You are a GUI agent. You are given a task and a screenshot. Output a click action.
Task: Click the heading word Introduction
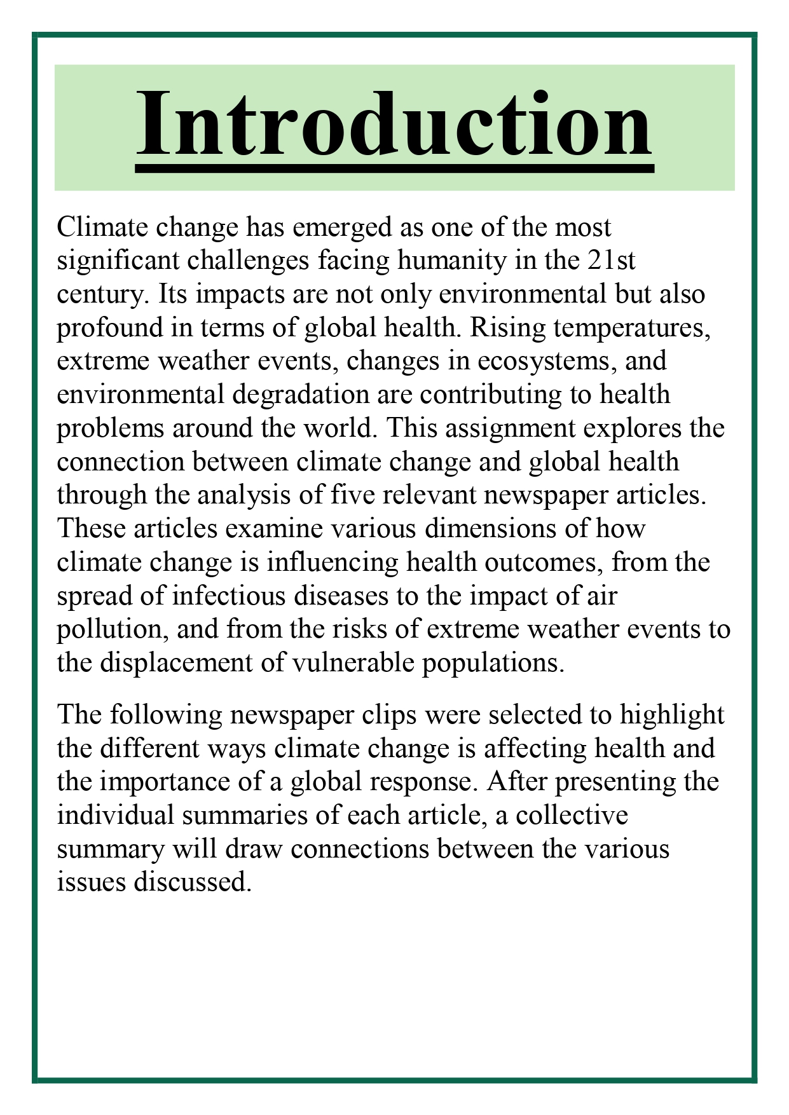click(x=394, y=124)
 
